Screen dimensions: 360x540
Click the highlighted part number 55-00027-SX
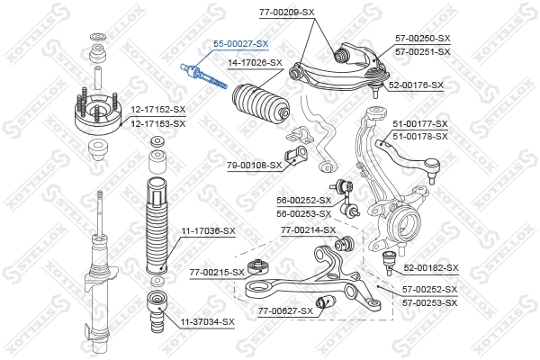point(240,43)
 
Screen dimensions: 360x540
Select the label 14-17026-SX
point(255,63)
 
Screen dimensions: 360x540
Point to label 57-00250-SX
point(421,39)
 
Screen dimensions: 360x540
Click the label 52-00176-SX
point(416,85)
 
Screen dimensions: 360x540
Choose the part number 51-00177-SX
point(419,123)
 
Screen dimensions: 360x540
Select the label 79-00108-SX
point(254,165)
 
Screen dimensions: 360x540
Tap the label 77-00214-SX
point(308,230)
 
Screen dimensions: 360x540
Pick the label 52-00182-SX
point(431,268)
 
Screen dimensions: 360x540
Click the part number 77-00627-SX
point(285,310)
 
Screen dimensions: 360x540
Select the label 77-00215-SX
point(217,272)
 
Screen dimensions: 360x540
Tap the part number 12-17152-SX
point(157,111)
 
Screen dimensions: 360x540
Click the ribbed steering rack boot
point(259,109)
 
